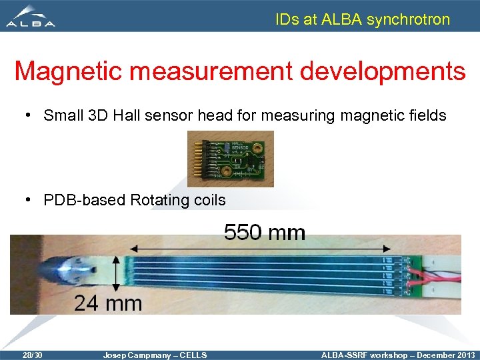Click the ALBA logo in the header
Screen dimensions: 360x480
(31, 17)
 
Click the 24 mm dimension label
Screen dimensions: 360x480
(108, 303)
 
